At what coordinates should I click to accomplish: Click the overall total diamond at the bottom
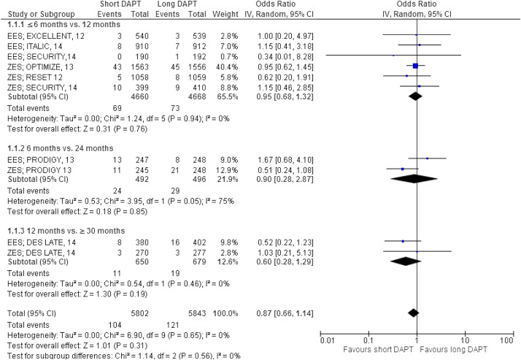pyautogui.click(x=413, y=313)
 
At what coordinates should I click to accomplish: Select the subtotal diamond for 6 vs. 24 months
pyautogui.click(x=413, y=177)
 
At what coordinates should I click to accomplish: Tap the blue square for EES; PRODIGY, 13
pyautogui.click(x=427, y=158)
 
